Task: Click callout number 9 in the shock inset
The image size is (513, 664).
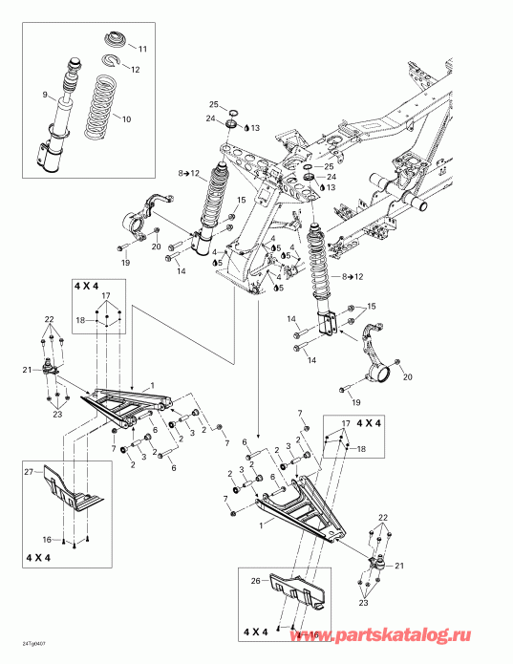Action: [x=45, y=94]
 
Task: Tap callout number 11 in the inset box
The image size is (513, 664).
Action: [x=143, y=49]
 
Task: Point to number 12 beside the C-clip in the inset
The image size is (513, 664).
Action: [x=136, y=70]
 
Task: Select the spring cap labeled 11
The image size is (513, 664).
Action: [x=114, y=39]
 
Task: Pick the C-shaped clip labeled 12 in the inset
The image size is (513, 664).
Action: [x=111, y=63]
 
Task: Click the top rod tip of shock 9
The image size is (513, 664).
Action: [x=70, y=65]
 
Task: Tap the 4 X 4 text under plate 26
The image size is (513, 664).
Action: [x=256, y=632]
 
